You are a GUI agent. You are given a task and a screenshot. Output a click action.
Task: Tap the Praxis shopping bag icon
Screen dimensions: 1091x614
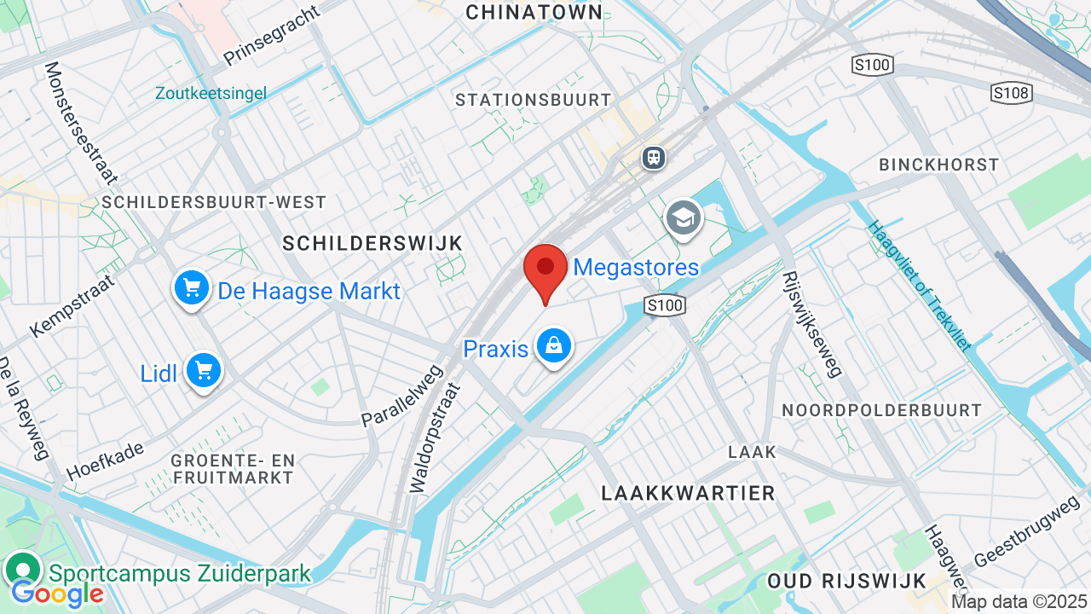(x=554, y=345)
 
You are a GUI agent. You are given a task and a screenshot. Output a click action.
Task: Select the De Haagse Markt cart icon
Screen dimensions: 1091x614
(x=192, y=288)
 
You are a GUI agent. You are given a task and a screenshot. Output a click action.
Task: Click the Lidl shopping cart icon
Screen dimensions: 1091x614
(x=203, y=371)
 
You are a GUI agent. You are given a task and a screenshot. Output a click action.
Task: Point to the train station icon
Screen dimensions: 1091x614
(x=654, y=158)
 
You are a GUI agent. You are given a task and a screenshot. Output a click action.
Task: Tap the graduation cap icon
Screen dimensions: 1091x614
(x=684, y=218)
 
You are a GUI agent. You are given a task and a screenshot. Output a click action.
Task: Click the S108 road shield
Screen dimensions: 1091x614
(x=1011, y=93)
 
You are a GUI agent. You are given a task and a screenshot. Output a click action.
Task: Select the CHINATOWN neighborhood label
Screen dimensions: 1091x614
(x=534, y=12)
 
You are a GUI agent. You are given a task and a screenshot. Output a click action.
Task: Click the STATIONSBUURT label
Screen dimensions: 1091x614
(x=534, y=100)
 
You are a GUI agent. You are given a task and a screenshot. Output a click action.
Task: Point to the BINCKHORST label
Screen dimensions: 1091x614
(x=939, y=165)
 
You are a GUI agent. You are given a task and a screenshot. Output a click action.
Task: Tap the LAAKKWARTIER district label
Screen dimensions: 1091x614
(x=689, y=493)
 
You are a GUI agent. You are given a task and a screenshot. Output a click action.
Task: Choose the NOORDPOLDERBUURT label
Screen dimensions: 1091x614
(x=882, y=410)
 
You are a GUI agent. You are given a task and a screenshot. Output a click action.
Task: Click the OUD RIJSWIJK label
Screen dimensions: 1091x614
(x=846, y=581)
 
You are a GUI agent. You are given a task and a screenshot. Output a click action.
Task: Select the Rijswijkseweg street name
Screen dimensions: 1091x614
(x=812, y=324)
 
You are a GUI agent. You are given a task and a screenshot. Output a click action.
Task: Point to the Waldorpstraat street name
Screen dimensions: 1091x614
(x=435, y=437)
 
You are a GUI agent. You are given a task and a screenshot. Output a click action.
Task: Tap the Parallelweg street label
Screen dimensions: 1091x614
(x=402, y=396)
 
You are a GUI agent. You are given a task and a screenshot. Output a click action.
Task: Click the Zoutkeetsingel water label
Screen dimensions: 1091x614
(x=211, y=93)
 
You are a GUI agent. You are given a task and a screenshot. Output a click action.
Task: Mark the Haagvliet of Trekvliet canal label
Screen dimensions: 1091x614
(x=920, y=286)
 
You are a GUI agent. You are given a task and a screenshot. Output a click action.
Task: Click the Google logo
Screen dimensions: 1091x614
(x=58, y=594)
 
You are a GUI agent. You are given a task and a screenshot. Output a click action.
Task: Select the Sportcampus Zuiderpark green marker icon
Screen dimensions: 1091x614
(x=23, y=569)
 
